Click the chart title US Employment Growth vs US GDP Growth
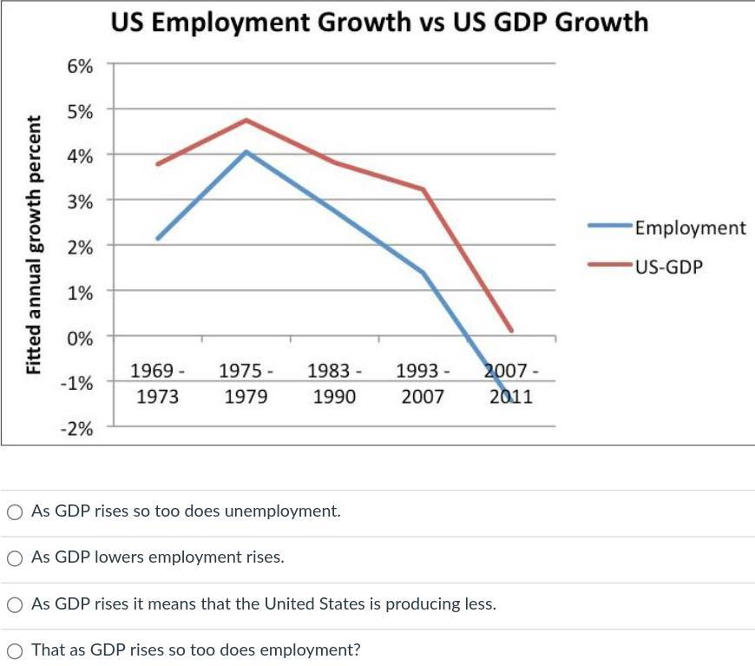point(379,22)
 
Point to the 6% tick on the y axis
point(80,65)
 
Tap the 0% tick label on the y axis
point(80,337)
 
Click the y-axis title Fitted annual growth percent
point(35,245)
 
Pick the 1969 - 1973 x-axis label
point(157,384)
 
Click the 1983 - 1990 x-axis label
point(334,384)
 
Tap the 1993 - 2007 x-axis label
point(423,384)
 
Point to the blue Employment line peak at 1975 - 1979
point(246,152)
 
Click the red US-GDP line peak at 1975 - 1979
point(246,120)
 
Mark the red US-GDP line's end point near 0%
point(512,331)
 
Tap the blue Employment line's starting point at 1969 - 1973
point(158,238)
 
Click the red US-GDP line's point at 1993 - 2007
point(423,189)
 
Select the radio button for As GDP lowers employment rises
point(15,558)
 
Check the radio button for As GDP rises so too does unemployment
point(15,512)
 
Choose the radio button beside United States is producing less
point(15,604)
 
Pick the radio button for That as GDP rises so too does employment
point(15,650)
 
